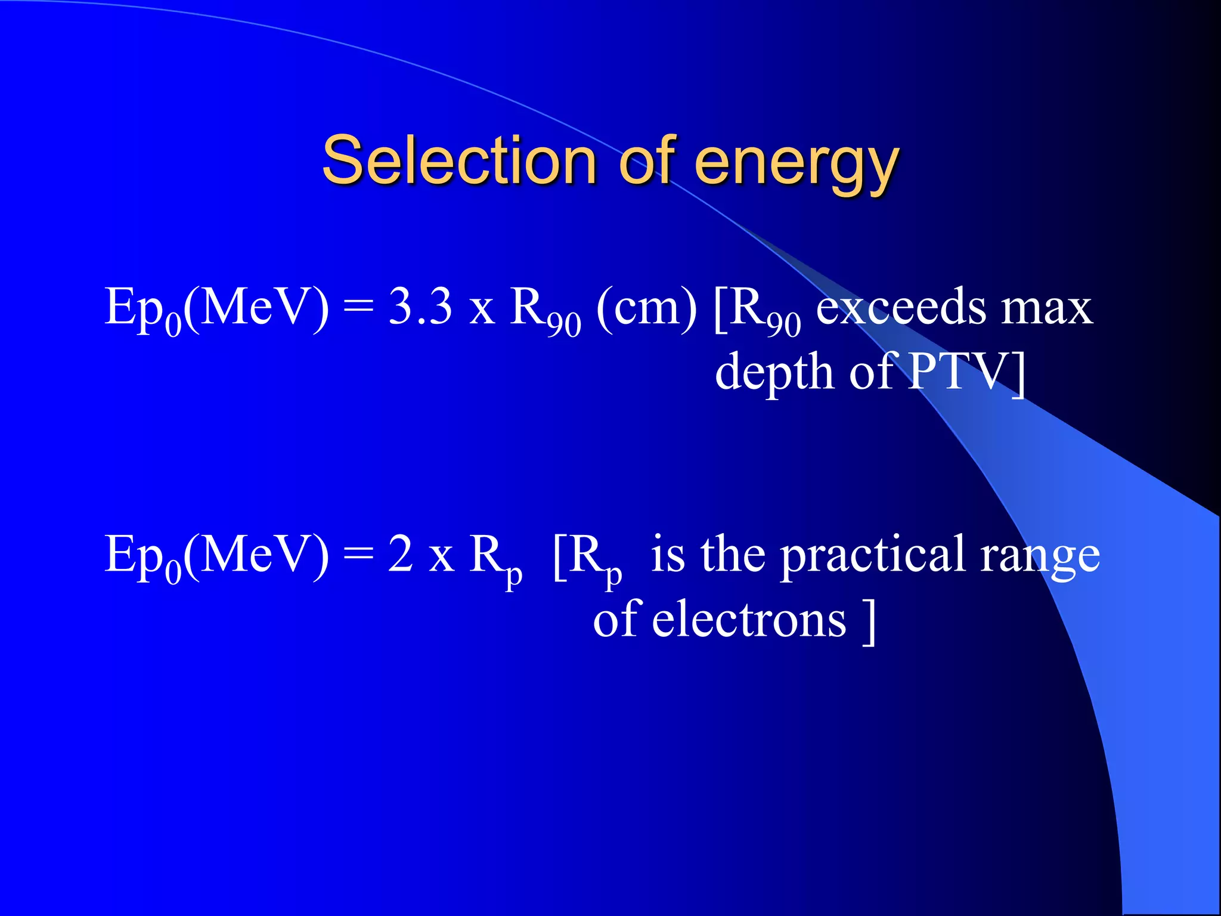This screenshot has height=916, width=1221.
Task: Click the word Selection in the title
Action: coord(459,160)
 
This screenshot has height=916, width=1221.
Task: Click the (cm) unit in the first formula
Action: coord(646,308)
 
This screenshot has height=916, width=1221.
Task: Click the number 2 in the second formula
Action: coord(400,555)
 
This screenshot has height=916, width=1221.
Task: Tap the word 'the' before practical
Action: coord(733,555)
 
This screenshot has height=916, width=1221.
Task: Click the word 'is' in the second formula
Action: coord(668,555)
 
